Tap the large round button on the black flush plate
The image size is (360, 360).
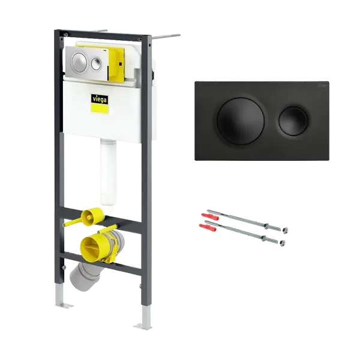pyautogui.click(x=241, y=121)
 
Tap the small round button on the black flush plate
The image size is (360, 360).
pyautogui.click(x=293, y=121)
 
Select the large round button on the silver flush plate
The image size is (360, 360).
pyautogui.click(x=79, y=61)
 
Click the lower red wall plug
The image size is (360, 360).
pyautogui.click(x=208, y=227)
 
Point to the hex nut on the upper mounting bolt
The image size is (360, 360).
pyautogui.click(x=286, y=230)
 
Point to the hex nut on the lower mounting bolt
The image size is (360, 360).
pyautogui.click(x=283, y=242)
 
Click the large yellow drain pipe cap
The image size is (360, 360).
pyautogui.click(x=91, y=247)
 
